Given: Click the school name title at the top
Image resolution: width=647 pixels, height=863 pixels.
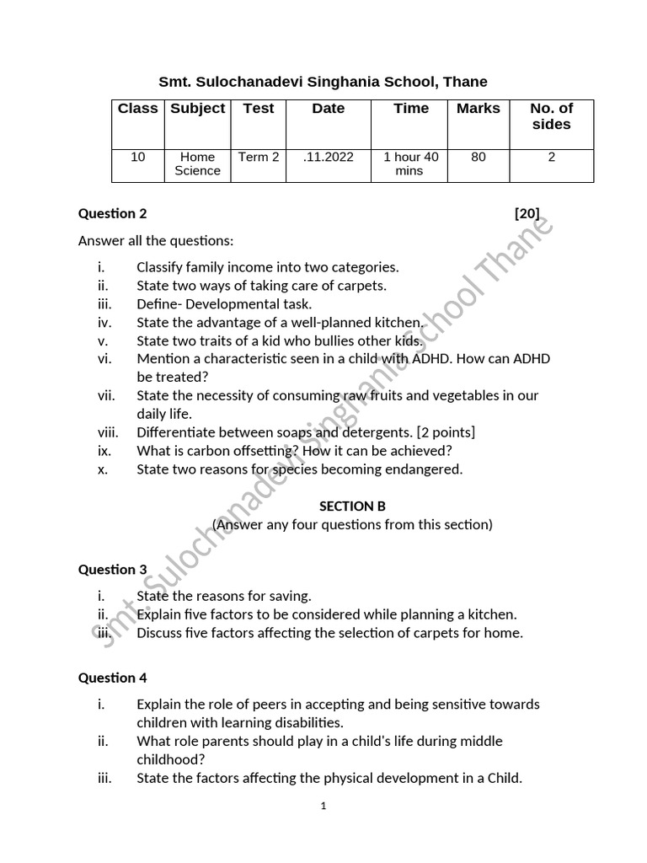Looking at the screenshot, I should point(323,82).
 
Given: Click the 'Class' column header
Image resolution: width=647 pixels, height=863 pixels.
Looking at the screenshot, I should point(138,109).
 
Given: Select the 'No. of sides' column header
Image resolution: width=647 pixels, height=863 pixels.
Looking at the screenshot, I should point(551,116).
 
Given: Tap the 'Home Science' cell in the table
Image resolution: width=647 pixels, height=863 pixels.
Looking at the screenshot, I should point(197,163).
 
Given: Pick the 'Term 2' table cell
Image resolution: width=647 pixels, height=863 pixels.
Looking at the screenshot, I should point(259,157).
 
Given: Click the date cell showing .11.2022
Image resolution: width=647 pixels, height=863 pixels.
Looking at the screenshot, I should point(328,157).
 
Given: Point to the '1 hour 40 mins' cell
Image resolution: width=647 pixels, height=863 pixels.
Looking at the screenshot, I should point(410,163).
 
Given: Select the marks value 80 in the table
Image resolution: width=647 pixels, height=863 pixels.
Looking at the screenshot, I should point(478,157).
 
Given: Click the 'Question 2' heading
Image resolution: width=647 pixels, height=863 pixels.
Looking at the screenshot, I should point(112,214).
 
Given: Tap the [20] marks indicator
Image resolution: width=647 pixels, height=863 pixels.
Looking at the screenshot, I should point(527,214).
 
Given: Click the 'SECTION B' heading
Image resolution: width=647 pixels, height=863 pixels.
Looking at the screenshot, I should point(352,507).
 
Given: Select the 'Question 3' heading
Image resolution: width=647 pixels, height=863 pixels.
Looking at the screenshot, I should point(112,570).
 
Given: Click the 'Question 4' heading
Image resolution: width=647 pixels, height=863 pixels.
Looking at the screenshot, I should point(112,678).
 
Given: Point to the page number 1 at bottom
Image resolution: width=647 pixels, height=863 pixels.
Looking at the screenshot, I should point(323,806).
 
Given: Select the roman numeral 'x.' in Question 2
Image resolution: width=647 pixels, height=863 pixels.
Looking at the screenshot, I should point(103,469).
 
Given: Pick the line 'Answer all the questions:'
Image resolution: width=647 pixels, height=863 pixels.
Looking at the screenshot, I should point(156,241).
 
